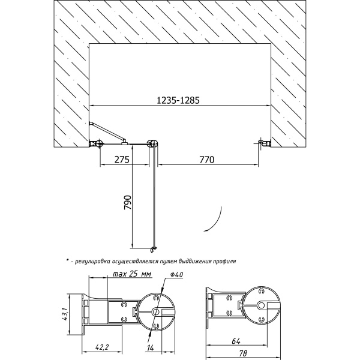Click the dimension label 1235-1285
(178, 100)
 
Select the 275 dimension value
(122, 160)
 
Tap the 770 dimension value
(206, 160)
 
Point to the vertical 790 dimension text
(127, 202)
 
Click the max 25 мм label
(132, 274)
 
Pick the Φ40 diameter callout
(177, 275)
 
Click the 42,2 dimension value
(102, 347)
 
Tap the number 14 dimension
(150, 348)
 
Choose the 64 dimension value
(236, 341)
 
